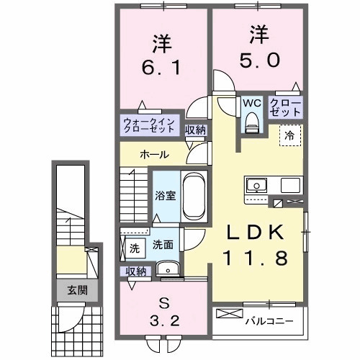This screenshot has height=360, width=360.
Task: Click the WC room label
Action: [251, 102]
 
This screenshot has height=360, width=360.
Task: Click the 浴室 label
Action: [165, 195]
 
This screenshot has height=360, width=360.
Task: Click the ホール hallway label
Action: [154, 154]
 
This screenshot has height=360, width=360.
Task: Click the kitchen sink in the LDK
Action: [256, 186]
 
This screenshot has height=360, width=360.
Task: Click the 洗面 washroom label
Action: [163, 245]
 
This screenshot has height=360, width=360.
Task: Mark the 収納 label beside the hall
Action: [195, 130]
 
